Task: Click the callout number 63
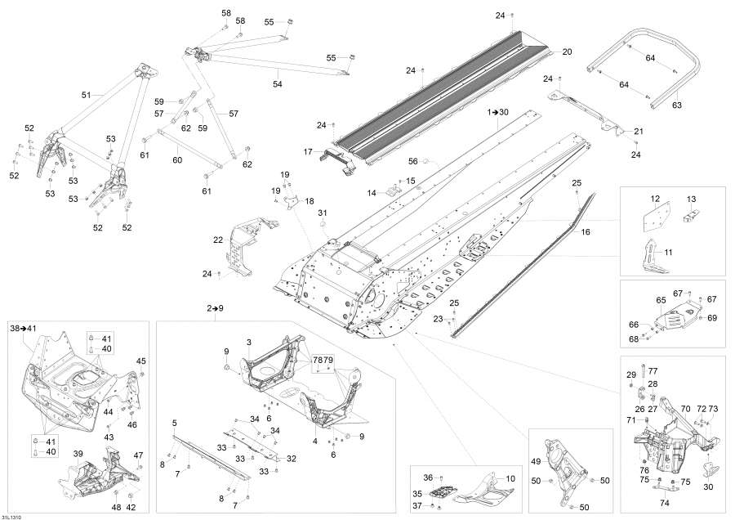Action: click(x=676, y=105)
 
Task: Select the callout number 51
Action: click(x=86, y=95)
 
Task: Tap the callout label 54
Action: click(x=277, y=84)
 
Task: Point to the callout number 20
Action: click(x=567, y=52)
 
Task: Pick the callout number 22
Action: click(x=218, y=240)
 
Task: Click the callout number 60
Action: click(x=177, y=160)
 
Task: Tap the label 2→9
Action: click(x=215, y=308)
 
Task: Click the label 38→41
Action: click(x=24, y=328)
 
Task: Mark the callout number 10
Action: click(x=510, y=478)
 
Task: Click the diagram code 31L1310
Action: click(x=11, y=515)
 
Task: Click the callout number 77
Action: click(x=653, y=371)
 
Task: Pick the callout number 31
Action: click(x=322, y=213)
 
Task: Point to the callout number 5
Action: click(x=174, y=423)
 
